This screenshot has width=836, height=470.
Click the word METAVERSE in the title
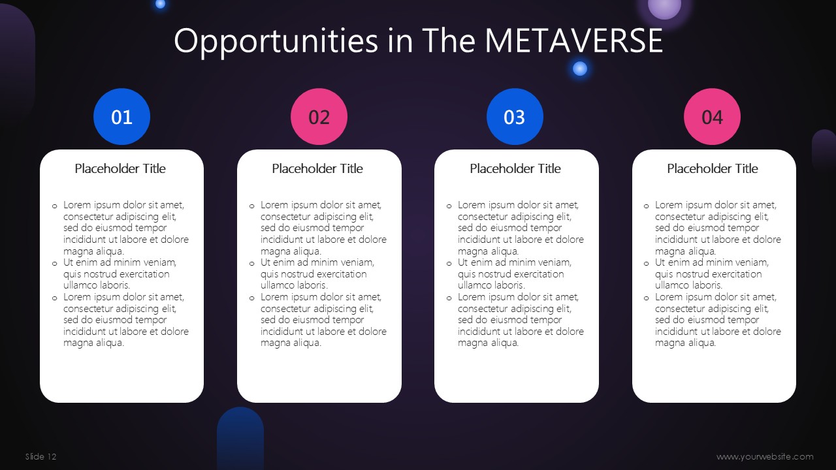(x=573, y=40)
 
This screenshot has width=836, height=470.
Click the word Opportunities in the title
(x=276, y=42)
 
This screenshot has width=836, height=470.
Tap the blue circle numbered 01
(x=121, y=116)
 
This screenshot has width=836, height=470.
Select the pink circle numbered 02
(x=319, y=116)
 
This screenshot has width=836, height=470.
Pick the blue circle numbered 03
(x=515, y=116)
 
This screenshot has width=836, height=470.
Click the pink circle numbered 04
(x=712, y=116)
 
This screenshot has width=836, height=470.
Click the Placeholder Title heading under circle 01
(x=120, y=168)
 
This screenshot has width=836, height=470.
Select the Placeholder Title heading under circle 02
(x=317, y=168)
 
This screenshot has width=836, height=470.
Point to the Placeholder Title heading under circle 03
(x=515, y=168)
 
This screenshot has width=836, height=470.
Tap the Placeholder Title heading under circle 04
(x=713, y=168)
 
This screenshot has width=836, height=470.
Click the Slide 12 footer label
(x=40, y=456)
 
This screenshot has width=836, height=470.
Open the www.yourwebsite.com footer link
(x=765, y=456)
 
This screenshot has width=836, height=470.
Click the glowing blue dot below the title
(x=579, y=69)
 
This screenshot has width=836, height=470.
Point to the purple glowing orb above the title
(x=664, y=7)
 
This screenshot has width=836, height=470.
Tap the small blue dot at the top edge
(x=160, y=4)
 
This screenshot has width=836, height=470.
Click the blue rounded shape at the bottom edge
(x=240, y=438)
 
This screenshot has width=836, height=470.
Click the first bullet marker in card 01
(x=54, y=206)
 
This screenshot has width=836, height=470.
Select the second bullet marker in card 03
(x=449, y=264)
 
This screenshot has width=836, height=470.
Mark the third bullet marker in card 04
(x=647, y=298)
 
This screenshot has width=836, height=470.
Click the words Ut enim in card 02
(x=278, y=262)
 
